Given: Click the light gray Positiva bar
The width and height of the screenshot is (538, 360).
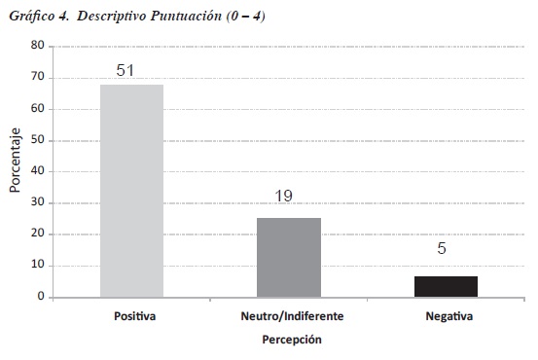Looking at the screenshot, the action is pyautogui.click(x=131, y=191).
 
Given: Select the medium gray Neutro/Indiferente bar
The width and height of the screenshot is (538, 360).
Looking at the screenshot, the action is pyautogui.click(x=289, y=258).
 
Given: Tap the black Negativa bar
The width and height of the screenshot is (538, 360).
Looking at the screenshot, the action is pyautogui.click(x=446, y=287).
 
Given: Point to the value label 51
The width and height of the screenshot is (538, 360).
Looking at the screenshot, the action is pyautogui.click(x=125, y=70).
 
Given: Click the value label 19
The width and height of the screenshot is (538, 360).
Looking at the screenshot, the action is pyautogui.click(x=283, y=196).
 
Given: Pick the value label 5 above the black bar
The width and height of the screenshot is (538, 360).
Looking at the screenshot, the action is pyautogui.click(x=442, y=248).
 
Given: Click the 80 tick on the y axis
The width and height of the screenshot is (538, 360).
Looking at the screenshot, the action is pyautogui.click(x=37, y=45).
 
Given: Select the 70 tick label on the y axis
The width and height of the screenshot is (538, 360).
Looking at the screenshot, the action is pyautogui.click(x=37, y=77).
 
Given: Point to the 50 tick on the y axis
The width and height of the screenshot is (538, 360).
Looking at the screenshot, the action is pyautogui.click(x=37, y=140).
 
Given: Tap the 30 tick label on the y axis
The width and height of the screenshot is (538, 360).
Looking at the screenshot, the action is pyautogui.click(x=37, y=201).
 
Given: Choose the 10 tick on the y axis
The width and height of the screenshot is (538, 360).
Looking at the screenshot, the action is pyautogui.click(x=37, y=265).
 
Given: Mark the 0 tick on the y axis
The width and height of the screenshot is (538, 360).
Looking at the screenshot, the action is pyautogui.click(x=41, y=296).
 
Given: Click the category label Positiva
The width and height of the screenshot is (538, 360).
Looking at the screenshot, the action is pyautogui.click(x=135, y=316).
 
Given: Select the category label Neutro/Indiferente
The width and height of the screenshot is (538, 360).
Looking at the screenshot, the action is pyautogui.click(x=292, y=316).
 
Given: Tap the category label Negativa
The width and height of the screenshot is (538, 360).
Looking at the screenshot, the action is pyautogui.click(x=449, y=316).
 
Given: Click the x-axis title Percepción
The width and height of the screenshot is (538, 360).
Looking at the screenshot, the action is pyautogui.click(x=292, y=340).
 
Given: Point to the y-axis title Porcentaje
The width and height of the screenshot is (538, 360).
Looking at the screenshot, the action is pyautogui.click(x=16, y=161).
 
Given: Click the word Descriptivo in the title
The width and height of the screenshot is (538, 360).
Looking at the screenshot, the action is pyautogui.click(x=111, y=17).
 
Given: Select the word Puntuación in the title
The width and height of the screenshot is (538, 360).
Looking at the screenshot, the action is pyautogui.click(x=186, y=16).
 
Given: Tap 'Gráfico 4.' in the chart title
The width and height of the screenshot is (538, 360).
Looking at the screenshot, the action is pyautogui.click(x=39, y=17).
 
